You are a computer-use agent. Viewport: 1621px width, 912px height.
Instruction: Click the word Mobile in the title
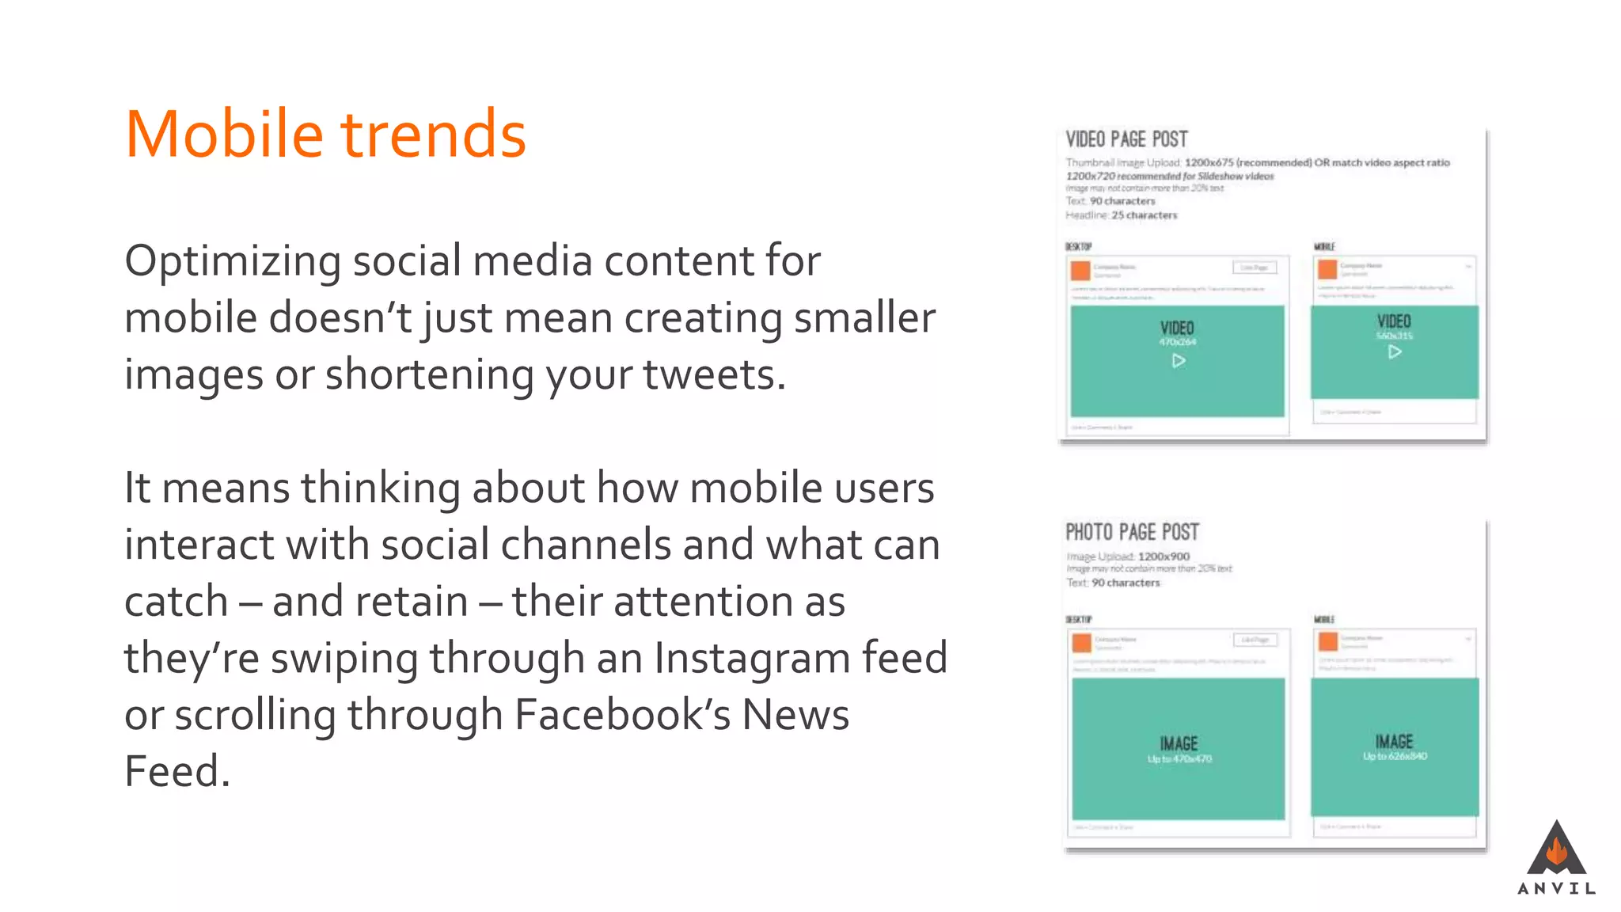point(224,135)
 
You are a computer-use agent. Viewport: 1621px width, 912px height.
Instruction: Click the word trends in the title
point(433,135)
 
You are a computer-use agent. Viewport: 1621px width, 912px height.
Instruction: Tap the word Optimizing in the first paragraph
point(233,261)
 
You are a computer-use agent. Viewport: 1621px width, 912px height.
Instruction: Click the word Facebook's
point(622,715)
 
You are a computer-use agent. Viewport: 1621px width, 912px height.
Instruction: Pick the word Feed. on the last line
point(177,772)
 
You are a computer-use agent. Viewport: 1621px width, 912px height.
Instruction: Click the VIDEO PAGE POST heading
point(1126,139)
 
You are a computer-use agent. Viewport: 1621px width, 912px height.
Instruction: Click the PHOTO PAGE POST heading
point(1132,532)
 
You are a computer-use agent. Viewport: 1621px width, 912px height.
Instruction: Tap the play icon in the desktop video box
point(1179,361)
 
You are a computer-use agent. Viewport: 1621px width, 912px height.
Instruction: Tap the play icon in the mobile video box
point(1395,351)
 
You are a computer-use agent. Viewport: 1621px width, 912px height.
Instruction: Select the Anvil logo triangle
point(1556,849)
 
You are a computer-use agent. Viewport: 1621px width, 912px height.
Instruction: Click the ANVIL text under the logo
point(1556,888)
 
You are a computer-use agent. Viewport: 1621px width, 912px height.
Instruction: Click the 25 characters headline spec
point(1144,215)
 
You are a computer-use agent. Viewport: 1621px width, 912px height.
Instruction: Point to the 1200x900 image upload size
point(1164,557)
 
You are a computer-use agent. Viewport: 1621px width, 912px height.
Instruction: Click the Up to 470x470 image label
point(1179,759)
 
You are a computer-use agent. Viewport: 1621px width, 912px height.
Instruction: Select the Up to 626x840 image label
point(1395,756)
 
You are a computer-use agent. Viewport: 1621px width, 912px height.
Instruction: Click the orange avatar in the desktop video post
point(1080,271)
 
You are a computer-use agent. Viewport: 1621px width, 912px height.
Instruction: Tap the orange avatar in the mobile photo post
point(1328,640)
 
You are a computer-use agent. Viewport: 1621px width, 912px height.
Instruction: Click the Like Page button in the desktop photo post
point(1255,639)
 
